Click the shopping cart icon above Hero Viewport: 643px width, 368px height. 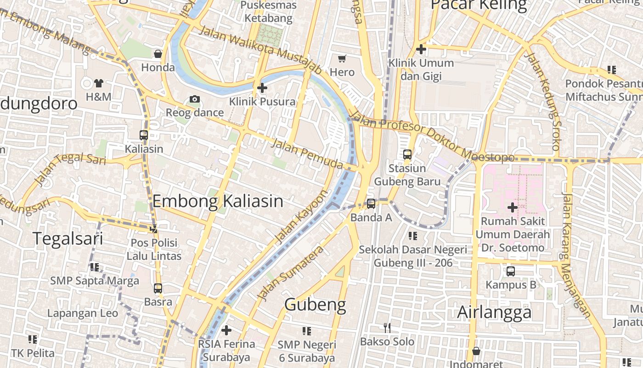(x=342, y=58)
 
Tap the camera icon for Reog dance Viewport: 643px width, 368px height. (x=195, y=99)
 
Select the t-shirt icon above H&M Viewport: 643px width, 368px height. (x=99, y=83)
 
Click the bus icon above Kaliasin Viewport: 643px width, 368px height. (x=144, y=135)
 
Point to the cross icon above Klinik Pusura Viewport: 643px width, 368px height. (x=262, y=87)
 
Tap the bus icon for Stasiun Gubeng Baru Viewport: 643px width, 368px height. (x=407, y=155)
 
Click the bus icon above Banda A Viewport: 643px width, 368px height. (x=371, y=203)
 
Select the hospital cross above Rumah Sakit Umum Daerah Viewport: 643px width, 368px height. (x=513, y=207)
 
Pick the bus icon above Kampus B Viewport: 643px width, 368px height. (x=511, y=271)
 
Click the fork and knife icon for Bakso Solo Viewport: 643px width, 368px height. (x=387, y=328)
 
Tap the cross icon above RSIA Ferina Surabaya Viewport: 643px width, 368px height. (x=226, y=330)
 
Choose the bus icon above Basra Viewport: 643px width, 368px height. (x=158, y=288)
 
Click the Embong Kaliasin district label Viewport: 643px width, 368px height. (x=218, y=201)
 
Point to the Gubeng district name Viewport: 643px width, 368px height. (x=315, y=305)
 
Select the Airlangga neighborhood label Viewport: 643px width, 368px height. (x=494, y=312)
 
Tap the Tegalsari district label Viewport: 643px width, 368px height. (x=68, y=239)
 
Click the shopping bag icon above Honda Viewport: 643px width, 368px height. (x=158, y=54)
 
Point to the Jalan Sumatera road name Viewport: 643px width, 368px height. (x=291, y=273)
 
